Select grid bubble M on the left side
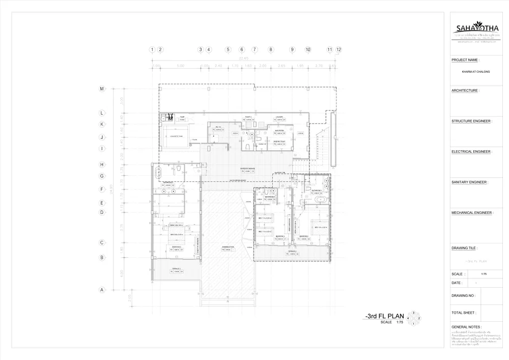click(x=102, y=89)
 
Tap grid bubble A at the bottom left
click(x=102, y=290)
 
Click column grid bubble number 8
click(x=271, y=50)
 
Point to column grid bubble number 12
click(x=338, y=50)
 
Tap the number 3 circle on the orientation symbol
click(x=414, y=313)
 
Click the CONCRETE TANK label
click(x=176, y=136)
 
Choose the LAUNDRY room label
click(x=279, y=117)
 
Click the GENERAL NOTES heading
click(x=466, y=327)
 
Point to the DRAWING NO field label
click(x=463, y=295)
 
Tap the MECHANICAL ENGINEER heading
click(x=471, y=213)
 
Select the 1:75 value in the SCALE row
click(x=484, y=274)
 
